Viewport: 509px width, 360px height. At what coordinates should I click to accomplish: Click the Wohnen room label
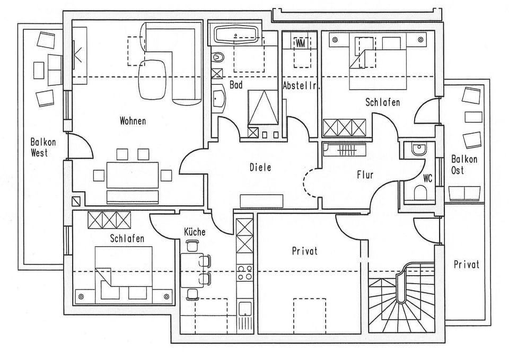[133, 121]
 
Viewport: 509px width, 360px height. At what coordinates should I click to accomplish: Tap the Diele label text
[260, 168]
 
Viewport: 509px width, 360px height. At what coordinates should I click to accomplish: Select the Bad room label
[236, 85]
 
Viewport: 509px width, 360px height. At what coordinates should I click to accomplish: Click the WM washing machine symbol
[301, 42]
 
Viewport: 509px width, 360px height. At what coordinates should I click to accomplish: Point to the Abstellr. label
[302, 85]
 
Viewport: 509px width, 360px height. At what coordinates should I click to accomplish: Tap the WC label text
[427, 178]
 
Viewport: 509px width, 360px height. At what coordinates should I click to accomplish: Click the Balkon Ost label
[464, 164]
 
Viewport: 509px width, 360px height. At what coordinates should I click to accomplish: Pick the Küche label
[195, 232]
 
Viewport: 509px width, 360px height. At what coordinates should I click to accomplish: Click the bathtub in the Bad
[236, 36]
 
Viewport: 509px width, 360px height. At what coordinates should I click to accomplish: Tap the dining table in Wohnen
[133, 174]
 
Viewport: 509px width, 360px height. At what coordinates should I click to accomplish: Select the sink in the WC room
[418, 149]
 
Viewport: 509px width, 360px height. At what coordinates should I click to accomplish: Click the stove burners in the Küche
[244, 273]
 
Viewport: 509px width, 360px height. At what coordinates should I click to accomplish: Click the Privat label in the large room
[305, 251]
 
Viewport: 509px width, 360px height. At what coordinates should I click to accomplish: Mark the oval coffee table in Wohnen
[153, 78]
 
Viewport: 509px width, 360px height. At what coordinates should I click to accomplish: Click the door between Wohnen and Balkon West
[77, 146]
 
